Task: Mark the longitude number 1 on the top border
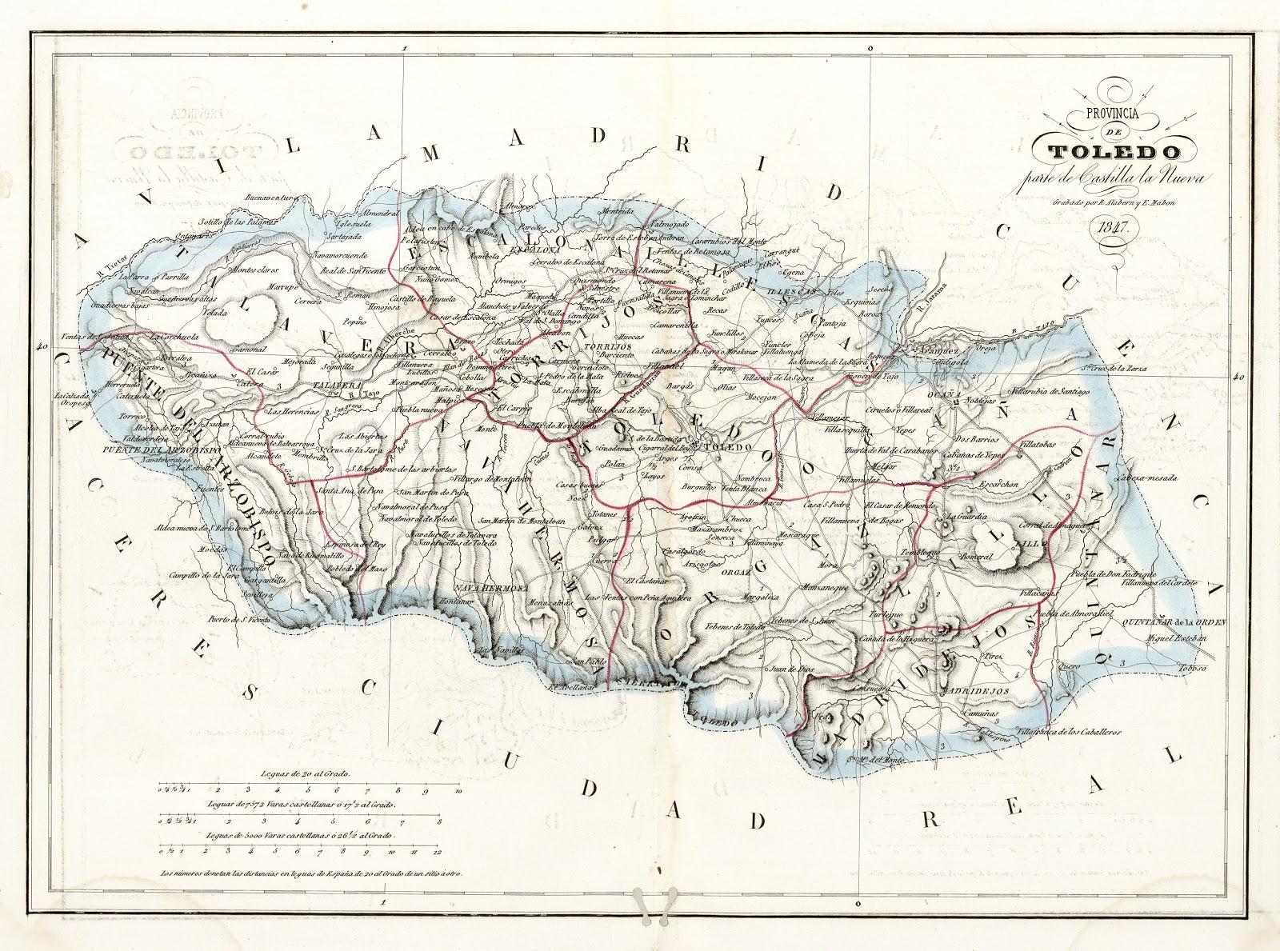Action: click(406, 49)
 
